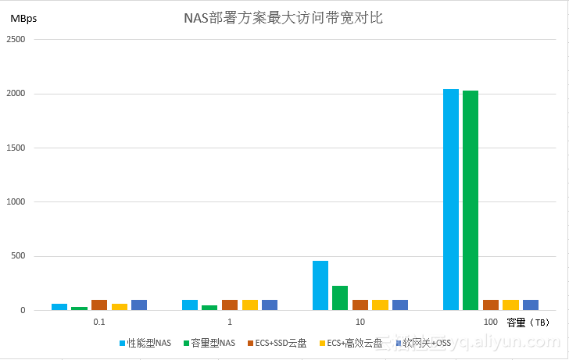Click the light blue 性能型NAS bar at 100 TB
click(x=451, y=199)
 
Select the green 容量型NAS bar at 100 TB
click(x=471, y=200)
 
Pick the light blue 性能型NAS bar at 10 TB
click(x=320, y=285)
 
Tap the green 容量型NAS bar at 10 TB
click(x=340, y=298)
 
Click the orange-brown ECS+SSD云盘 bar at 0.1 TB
click(x=99, y=305)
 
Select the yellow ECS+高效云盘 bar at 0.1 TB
click(x=119, y=307)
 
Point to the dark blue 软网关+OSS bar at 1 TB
click(x=269, y=305)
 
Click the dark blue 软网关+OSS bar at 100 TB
click(x=530, y=305)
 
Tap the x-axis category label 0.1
click(x=99, y=322)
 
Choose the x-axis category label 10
click(x=360, y=322)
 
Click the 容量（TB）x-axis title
click(x=528, y=323)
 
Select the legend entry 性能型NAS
click(x=145, y=343)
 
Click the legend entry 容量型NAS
click(x=209, y=343)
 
